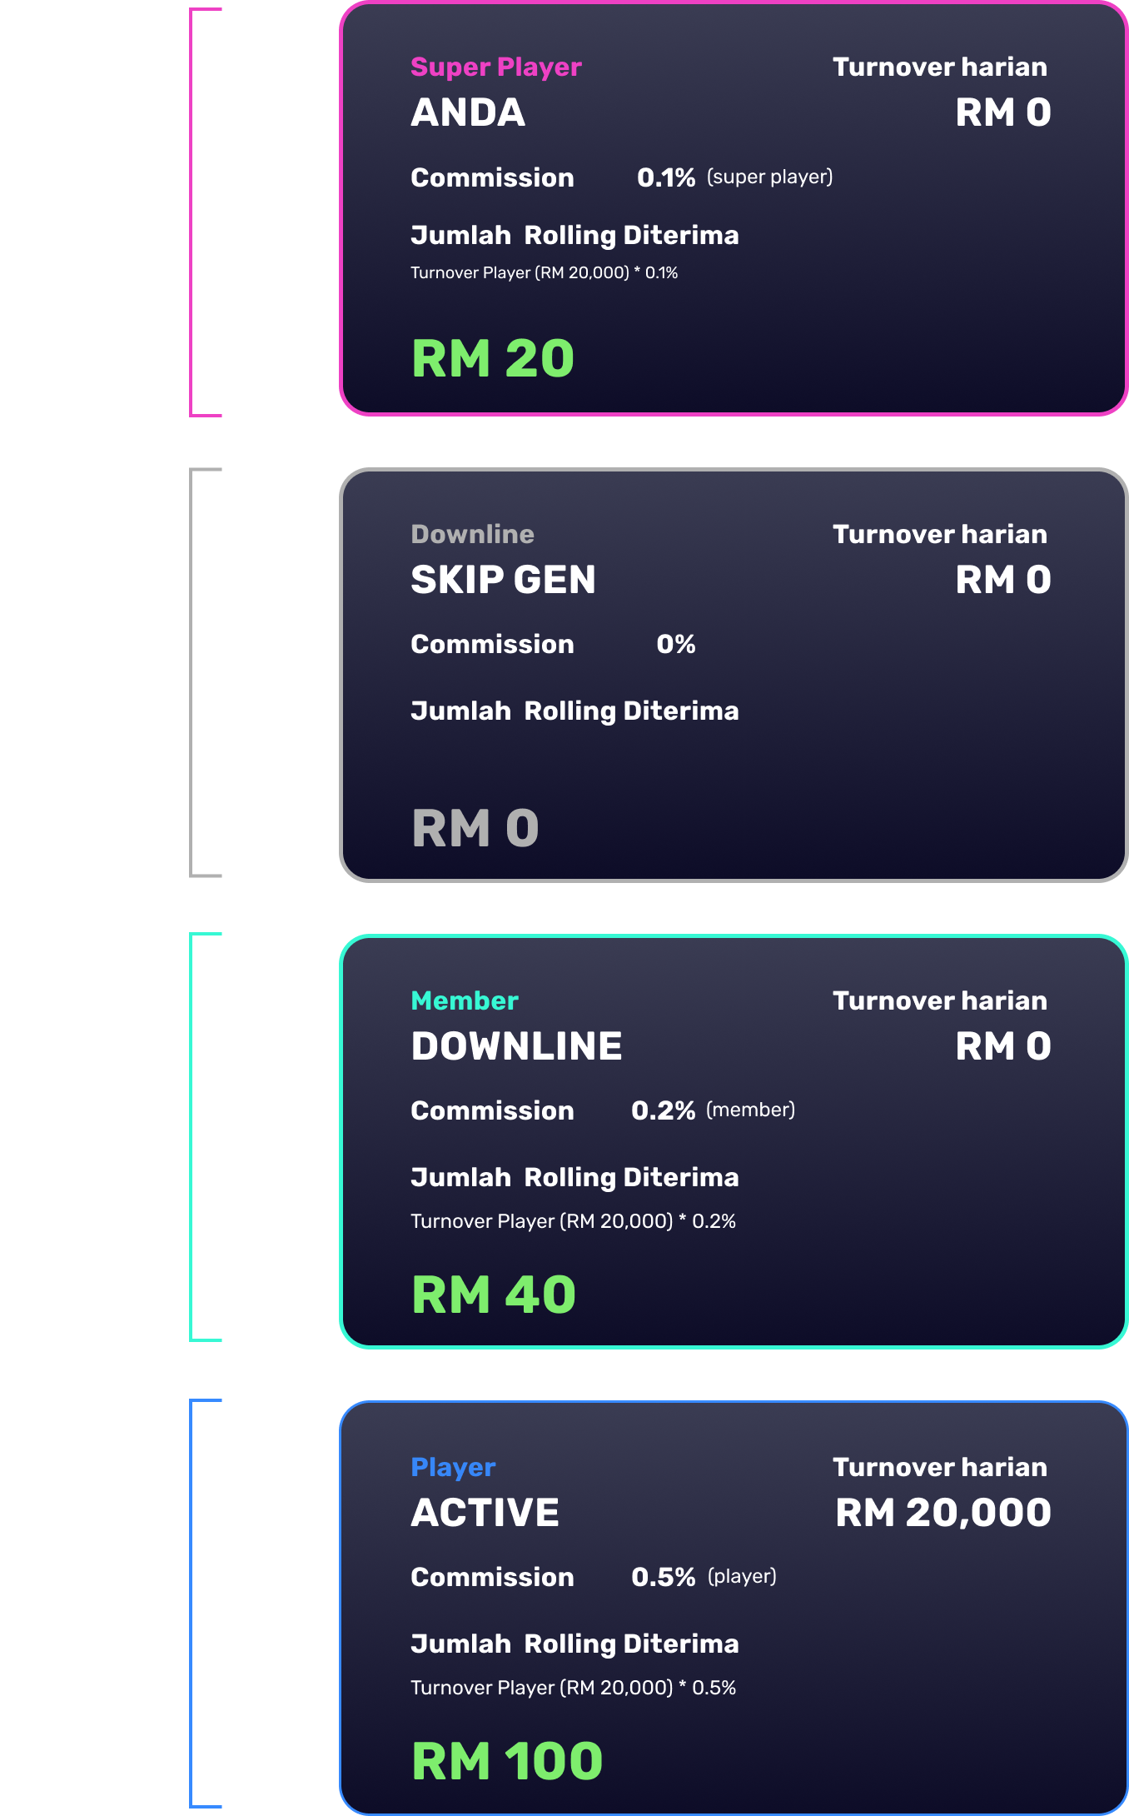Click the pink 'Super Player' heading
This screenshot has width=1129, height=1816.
pyautogui.click(x=495, y=67)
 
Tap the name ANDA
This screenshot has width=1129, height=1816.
pyautogui.click(x=468, y=112)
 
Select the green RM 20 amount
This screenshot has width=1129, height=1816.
pyautogui.click(x=493, y=358)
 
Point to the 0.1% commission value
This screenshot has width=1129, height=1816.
pyautogui.click(x=665, y=177)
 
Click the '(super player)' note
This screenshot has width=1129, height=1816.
pyautogui.click(x=769, y=177)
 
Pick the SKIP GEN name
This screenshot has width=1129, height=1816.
pyautogui.click(x=503, y=580)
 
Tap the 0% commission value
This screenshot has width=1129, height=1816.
pyautogui.click(x=675, y=644)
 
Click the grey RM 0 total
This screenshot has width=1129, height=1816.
pyautogui.click(x=475, y=828)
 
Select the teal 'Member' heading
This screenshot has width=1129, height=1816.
pyautogui.click(x=465, y=1000)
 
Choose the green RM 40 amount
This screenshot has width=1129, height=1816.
pyautogui.click(x=494, y=1295)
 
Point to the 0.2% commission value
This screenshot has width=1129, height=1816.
pyautogui.click(x=663, y=1110)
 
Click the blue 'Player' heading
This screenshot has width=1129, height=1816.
pyautogui.click(x=453, y=1467)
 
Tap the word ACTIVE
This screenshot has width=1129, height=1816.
pyautogui.click(x=485, y=1513)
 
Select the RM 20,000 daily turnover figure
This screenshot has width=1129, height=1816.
pyautogui.click(x=943, y=1513)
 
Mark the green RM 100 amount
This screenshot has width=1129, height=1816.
pyautogui.click(x=507, y=1761)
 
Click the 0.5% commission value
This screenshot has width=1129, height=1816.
pyautogui.click(x=663, y=1577)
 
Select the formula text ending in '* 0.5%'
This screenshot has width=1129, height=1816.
pyautogui.click(x=573, y=1688)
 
